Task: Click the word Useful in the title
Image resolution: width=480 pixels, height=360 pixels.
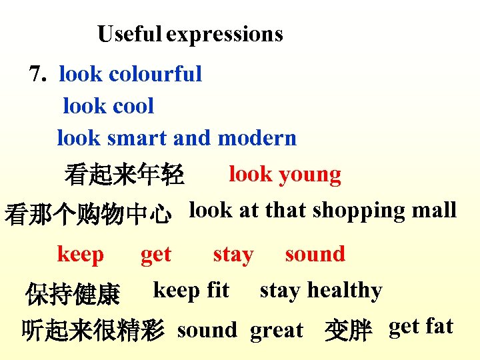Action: pos(130,34)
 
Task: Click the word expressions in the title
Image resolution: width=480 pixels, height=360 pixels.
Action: pos(225,34)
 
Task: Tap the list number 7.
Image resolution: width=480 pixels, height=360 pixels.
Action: pos(39,73)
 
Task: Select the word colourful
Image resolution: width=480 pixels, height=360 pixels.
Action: pos(155,74)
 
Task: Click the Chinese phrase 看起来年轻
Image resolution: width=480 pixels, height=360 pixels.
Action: pos(125,175)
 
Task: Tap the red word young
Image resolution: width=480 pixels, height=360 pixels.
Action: pos(310,175)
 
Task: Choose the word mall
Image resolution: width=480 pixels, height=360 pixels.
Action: pos(434,211)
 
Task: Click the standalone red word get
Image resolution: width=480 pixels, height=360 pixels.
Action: pos(156,254)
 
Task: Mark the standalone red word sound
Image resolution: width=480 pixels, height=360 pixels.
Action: pos(315,254)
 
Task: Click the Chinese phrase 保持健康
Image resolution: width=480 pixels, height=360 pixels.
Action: pos(73,293)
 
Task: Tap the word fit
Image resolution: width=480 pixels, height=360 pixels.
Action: pos(218,291)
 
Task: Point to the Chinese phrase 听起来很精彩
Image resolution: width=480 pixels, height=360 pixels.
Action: pos(93,330)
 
